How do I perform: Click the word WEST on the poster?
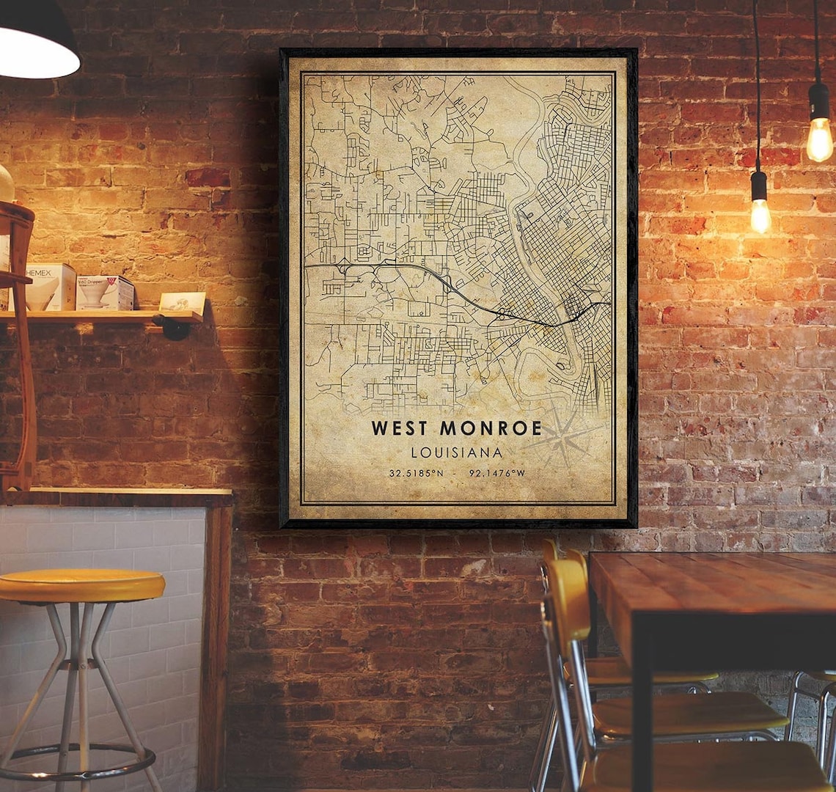401,428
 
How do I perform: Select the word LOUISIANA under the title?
457,452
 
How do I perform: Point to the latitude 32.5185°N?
416,473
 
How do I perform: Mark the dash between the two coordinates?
458,473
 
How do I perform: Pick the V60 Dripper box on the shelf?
106,292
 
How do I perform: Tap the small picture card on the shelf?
183,302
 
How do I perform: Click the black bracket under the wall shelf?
175,328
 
